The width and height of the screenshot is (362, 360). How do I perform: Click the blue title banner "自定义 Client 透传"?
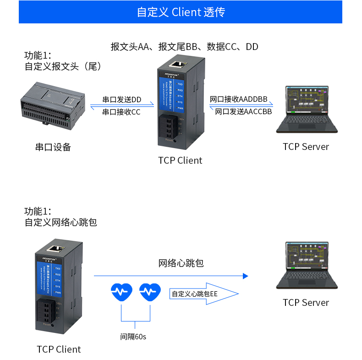pos(181,12)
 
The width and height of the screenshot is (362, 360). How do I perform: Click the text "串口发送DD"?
pos(121,100)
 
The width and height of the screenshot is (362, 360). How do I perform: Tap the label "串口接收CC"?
pos(121,112)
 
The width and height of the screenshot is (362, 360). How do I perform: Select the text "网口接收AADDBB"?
pos(238,100)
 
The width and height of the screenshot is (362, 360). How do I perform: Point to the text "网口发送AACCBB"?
pos(243,111)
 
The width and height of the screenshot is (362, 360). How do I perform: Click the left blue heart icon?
pos(121,292)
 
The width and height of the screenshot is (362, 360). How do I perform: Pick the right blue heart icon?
pos(150,292)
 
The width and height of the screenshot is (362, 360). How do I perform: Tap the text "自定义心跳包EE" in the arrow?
pos(195,294)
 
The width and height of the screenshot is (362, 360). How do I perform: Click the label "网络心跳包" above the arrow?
pos(181,263)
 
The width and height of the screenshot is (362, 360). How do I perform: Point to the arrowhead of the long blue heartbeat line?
pos(246,276)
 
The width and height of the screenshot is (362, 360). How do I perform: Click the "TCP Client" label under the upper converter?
pos(180,161)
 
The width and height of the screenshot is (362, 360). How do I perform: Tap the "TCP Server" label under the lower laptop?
pos(306,303)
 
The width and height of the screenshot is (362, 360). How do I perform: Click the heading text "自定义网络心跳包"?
pos(61,222)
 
